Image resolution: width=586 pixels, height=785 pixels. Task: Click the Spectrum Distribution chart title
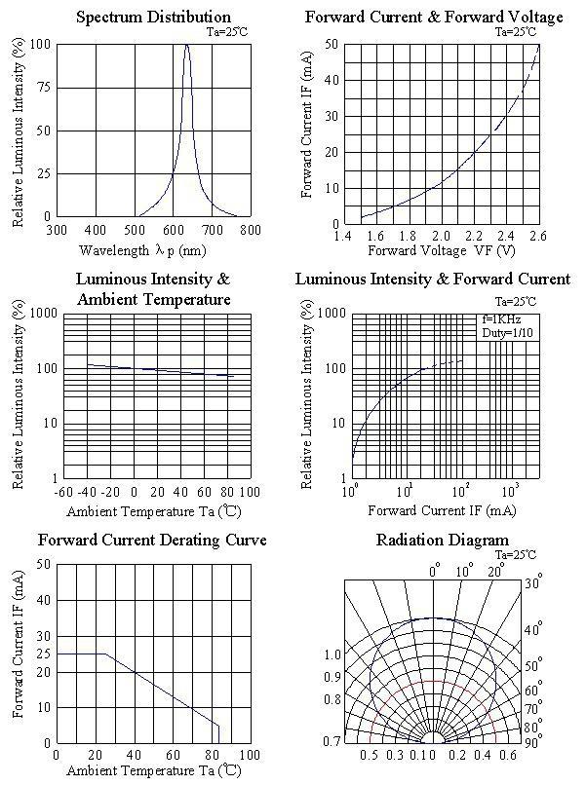(153, 17)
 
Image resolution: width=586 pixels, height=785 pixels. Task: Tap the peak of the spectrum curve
(186, 45)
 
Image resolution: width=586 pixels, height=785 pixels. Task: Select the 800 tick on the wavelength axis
(251, 230)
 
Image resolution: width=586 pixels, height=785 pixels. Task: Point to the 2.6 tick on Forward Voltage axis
(538, 237)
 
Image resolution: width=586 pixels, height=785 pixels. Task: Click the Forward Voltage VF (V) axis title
(442, 250)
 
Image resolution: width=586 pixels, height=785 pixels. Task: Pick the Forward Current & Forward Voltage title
(434, 17)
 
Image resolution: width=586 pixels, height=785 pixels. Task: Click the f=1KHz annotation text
(503, 318)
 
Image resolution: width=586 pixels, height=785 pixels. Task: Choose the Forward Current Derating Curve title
(152, 540)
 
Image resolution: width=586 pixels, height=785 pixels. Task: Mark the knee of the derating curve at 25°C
(104, 654)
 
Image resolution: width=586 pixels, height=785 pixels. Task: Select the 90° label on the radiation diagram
(532, 744)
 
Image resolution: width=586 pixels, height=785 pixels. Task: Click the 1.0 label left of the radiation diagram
(332, 654)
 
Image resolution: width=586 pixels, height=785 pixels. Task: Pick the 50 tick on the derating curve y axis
(44, 564)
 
